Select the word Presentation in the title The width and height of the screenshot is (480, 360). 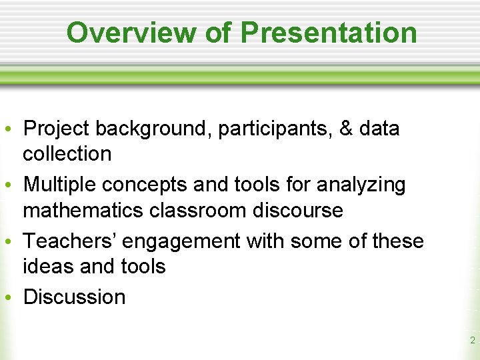(x=328, y=32)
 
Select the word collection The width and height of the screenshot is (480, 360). (x=67, y=153)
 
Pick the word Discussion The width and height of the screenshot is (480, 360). (x=74, y=297)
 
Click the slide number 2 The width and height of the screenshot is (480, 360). (x=472, y=340)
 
